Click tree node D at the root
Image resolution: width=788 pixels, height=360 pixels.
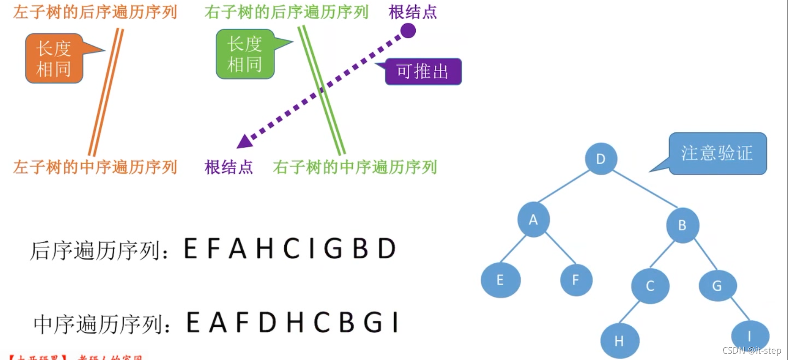[x=601, y=159]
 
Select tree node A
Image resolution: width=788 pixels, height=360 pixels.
[x=533, y=220]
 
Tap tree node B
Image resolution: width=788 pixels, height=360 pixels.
[x=682, y=225]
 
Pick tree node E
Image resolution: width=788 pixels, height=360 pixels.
[x=500, y=280]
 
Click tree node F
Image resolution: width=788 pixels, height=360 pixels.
[x=576, y=280]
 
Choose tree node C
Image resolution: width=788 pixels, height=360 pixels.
[x=650, y=286]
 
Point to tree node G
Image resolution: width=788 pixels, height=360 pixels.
[x=717, y=286]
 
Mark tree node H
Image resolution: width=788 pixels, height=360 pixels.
[x=619, y=341]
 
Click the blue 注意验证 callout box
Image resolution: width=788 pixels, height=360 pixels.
[x=717, y=153]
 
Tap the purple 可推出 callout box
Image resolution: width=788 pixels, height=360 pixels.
[x=423, y=72]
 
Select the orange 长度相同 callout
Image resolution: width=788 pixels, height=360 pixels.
[x=54, y=58]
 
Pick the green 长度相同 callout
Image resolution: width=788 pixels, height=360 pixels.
[x=245, y=54]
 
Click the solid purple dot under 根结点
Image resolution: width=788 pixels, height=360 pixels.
[x=408, y=31]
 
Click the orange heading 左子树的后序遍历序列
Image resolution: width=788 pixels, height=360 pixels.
[x=95, y=12]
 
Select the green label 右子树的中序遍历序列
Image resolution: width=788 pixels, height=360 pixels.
[x=355, y=167]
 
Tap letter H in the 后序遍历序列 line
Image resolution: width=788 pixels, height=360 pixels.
[x=264, y=249]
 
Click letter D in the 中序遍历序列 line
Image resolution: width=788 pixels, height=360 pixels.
[x=267, y=323]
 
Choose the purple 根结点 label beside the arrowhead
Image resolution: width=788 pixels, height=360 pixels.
[x=229, y=167]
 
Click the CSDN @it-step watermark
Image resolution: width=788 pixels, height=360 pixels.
[x=751, y=350]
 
